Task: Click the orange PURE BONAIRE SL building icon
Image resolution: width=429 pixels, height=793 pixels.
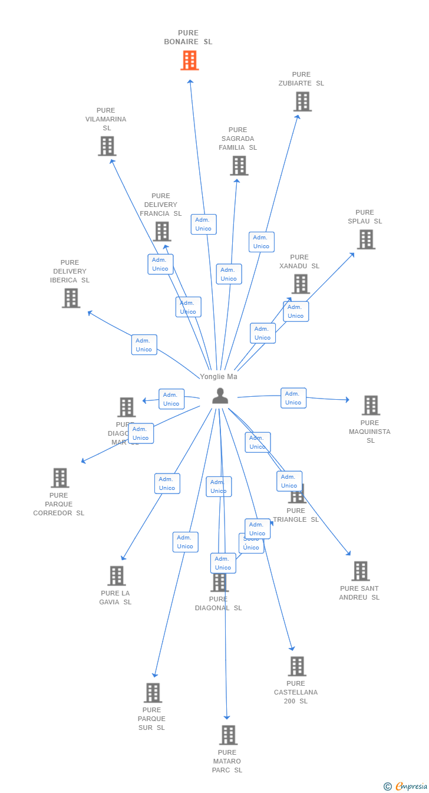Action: click(x=189, y=60)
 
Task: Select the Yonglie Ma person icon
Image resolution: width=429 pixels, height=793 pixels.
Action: click(x=220, y=396)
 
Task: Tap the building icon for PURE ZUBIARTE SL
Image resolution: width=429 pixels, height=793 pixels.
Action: click(x=302, y=101)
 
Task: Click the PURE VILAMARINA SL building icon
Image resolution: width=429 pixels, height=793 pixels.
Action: click(x=107, y=146)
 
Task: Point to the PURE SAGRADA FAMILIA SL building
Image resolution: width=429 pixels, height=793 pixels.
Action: click(x=239, y=166)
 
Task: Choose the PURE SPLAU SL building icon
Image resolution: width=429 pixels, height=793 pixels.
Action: click(x=366, y=239)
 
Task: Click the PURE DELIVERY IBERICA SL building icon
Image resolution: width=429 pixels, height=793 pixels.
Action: click(x=71, y=298)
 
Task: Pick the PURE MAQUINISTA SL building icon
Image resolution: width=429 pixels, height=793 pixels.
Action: click(x=370, y=405)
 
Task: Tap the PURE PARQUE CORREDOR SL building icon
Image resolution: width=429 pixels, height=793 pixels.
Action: click(x=60, y=478)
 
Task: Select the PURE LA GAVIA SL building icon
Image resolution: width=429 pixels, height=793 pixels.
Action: click(x=116, y=575)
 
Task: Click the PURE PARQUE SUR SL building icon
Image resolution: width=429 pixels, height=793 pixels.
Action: click(x=153, y=693)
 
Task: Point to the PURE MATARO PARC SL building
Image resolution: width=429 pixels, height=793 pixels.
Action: click(x=228, y=735)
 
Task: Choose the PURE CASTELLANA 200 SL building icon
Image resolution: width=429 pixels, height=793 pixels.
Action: click(x=296, y=666)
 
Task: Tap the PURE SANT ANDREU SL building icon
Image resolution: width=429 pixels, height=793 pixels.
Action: click(x=360, y=571)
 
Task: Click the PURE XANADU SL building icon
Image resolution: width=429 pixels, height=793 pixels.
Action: click(x=301, y=284)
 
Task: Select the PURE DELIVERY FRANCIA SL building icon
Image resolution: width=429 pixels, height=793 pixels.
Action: click(x=161, y=232)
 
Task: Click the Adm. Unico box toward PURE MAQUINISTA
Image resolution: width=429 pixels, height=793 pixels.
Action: click(x=293, y=398)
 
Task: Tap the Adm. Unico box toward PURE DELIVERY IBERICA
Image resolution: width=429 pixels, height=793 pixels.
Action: click(x=144, y=345)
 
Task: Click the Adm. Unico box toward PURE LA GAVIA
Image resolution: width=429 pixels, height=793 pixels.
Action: click(x=167, y=483)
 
